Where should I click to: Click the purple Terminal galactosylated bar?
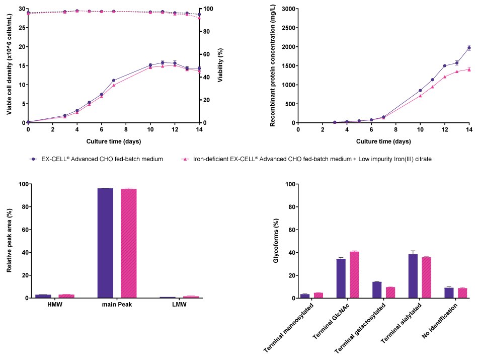click(376, 290)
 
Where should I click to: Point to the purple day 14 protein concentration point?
click(469, 48)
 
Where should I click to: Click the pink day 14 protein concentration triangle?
click(469, 69)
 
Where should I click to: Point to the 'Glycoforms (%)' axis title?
click(275, 241)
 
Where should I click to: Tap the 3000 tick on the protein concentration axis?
click(287, 9)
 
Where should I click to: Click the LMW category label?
click(176, 306)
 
